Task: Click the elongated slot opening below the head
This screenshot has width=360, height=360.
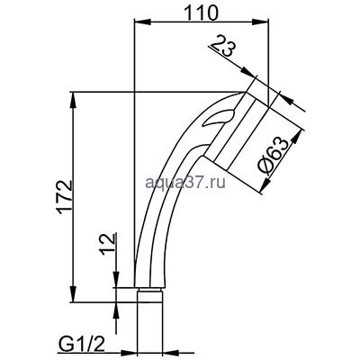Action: point(220,118)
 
